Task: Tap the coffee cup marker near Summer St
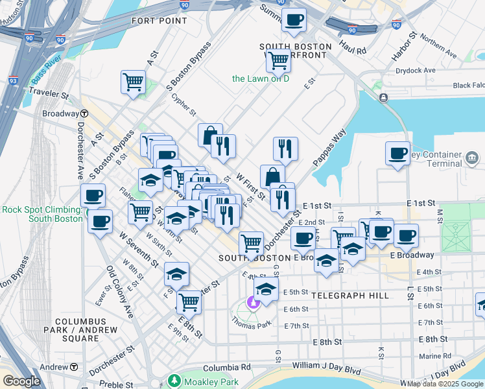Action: [x=294, y=19]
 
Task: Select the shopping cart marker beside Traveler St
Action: [x=132, y=82]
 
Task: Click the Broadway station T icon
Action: [x=84, y=113]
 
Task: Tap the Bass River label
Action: [x=45, y=73]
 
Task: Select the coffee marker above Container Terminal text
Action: [x=397, y=153]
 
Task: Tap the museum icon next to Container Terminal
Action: [x=471, y=158]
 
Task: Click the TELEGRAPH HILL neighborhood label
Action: [x=350, y=296]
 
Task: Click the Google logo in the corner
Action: [x=21, y=381]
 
